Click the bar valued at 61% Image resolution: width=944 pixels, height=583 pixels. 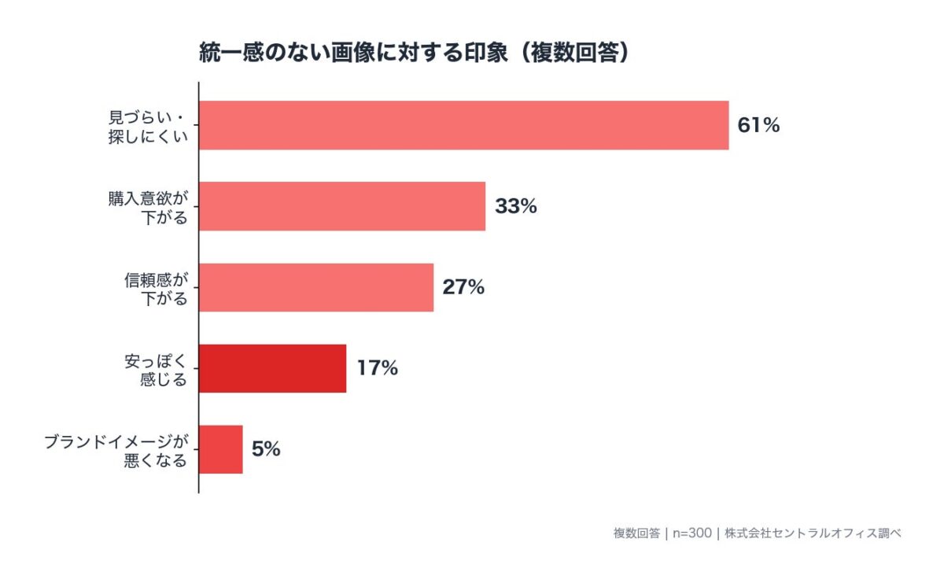click(x=463, y=125)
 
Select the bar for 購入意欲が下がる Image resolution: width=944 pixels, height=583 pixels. click(x=341, y=206)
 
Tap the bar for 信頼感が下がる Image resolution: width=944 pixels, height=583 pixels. click(x=315, y=287)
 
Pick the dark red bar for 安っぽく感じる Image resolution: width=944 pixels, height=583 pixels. click(x=272, y=368)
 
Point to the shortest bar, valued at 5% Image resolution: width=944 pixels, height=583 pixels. click(x=220, y=449)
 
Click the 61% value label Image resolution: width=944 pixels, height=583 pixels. click(x=758, y=125)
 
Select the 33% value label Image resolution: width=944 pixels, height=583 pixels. click(x=516, y=206)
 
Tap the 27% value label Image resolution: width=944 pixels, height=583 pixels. click(x=463, y=287)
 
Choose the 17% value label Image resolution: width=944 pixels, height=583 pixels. click(x=378, y=368)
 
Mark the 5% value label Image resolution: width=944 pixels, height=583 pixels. click(x=266, y=449)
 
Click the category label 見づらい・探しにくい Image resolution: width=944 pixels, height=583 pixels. click(x=149, y=125)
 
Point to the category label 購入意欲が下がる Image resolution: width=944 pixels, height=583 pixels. click(x=149, y=206)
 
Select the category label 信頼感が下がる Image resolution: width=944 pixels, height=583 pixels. click(x=156, y=287)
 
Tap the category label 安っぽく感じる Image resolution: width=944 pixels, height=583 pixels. click(x=156, y=368)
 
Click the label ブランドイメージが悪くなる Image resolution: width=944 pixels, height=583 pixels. click(x=116, y=449)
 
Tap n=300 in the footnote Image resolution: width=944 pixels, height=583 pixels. click(x=691, y=533)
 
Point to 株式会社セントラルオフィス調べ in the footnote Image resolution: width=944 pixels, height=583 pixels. click(x=813, y=533)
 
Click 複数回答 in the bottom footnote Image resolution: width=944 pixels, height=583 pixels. click(x=636, y=533)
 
